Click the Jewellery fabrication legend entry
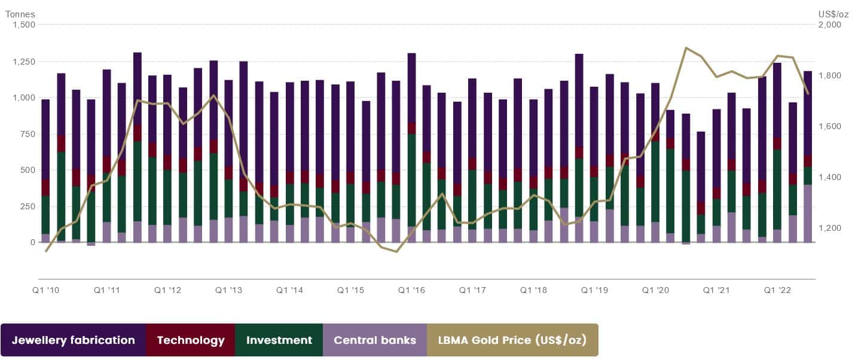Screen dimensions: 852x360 coord(74,340)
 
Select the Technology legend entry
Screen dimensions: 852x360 coord(191,340)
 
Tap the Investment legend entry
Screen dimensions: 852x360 coord(279,340)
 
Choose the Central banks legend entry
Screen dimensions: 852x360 coord(375,340)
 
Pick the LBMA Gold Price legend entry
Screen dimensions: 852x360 coord(512,340)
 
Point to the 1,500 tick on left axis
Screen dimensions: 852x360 coord(24,25)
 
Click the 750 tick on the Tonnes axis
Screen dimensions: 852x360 coord(28,134)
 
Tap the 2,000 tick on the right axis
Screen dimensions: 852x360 coord(829,25)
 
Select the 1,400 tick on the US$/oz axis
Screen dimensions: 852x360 coord(829,177)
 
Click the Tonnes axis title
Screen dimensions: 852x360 coord(20,14)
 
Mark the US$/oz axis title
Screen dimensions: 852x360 coord(833,14)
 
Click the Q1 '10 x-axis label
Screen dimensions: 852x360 coord(45,290)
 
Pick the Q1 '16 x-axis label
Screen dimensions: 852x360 coord(411,290)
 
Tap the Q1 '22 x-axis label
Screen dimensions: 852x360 coord(777,290)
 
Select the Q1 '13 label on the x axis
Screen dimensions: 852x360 coord(228,290)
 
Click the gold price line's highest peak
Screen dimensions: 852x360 coord(686,48)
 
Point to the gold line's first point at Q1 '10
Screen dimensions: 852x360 coord(46,251)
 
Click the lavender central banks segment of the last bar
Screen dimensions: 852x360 coord(808,213)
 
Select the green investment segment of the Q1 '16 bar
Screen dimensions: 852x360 coord(411,181)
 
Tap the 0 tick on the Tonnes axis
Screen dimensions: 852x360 coord(33,242)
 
